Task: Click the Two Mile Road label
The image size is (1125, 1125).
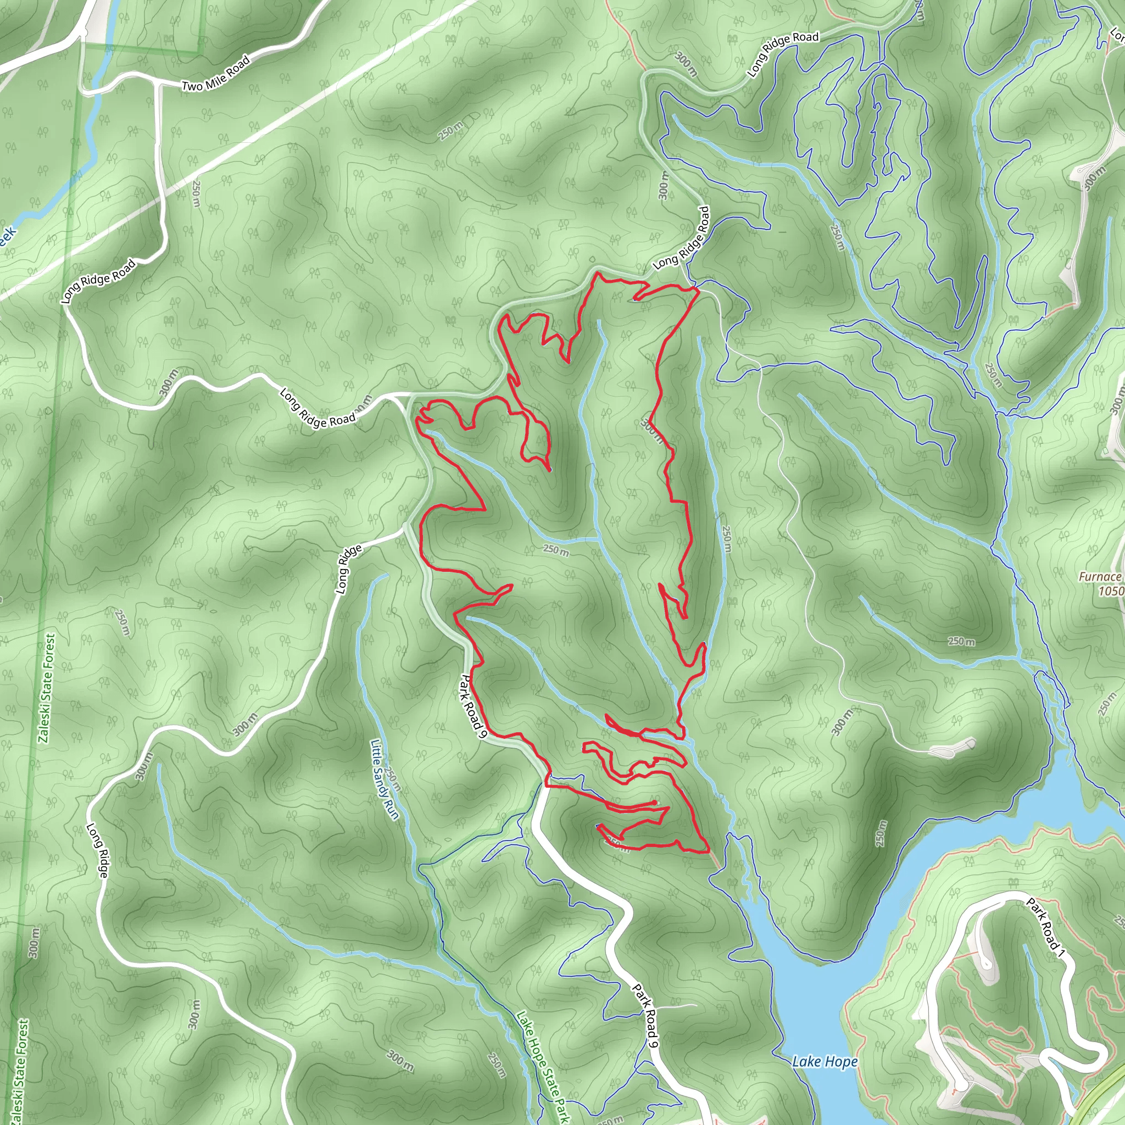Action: [215, 74]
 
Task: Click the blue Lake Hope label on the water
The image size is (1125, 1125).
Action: [825, 1061]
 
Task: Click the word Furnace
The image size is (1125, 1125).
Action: [1099, 576]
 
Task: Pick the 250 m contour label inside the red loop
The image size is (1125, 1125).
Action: [555, 549]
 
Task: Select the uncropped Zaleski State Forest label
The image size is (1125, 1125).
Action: [47, 688]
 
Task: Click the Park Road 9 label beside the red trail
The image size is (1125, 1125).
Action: [474, 706]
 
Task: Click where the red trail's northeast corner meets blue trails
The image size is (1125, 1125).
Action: [696, 288]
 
